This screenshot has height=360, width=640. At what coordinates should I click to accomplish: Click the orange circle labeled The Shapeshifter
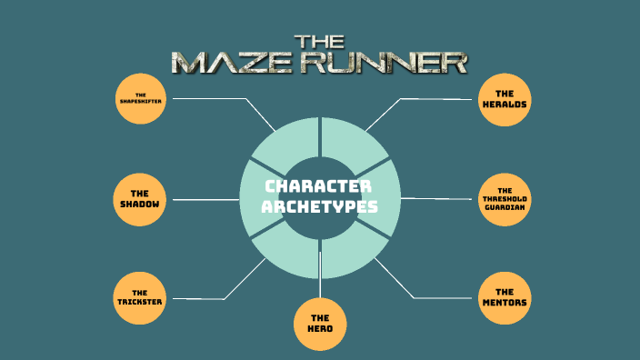click(140, 98)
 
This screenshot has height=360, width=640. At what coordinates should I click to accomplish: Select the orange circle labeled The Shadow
click(139, 198)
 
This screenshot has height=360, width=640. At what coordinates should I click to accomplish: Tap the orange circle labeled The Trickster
click(139, 297)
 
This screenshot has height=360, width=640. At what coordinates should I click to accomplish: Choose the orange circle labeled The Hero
click(320, 323)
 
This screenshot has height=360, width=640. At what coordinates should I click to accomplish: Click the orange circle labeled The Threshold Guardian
click(505, 198)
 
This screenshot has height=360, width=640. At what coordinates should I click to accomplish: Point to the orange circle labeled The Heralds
click(505, 98)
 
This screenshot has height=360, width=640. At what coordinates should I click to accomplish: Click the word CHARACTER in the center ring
click(319, 186)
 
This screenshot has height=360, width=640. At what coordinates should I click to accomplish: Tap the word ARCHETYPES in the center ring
click(319, 207)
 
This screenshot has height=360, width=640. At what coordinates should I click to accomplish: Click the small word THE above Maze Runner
click(318, 40)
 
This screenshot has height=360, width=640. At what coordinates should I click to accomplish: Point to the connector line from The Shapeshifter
click(218, 98)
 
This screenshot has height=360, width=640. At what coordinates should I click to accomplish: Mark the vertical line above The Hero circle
click(320, 273)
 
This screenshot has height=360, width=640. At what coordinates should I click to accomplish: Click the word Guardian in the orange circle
click(505, 207)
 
